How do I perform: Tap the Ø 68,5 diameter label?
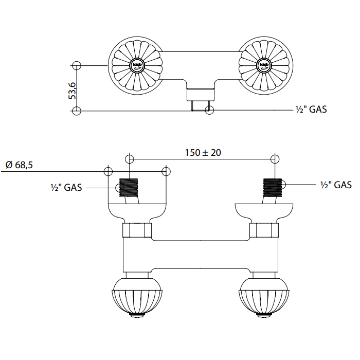[20, 165]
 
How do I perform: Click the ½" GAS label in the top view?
[311, 109]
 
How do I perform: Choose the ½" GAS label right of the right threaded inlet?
[336, 185]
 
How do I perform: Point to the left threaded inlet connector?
[130, 187]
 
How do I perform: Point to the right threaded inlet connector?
[273, 187]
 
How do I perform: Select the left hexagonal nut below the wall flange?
[137, 230]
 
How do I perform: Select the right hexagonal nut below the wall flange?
[264, 230]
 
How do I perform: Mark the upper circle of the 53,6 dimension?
[77, 65]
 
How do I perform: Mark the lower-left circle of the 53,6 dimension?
[77, 111]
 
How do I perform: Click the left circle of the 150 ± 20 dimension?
[130, 158]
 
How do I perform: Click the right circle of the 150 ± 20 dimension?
[276, 158]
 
